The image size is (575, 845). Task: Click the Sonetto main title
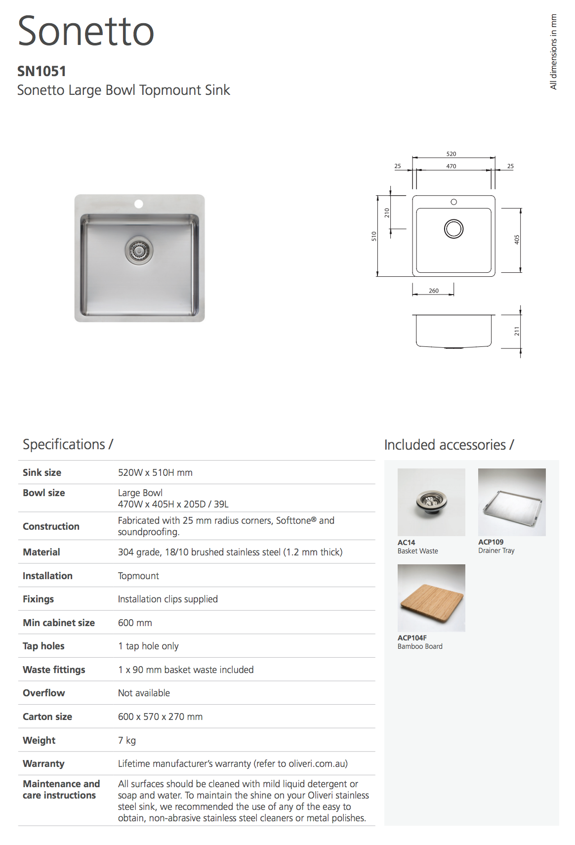pos(86,31)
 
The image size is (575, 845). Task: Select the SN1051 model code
pos(41,71)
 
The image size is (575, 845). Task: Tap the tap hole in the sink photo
pos(139,204)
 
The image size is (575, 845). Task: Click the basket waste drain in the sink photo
pos(139,250)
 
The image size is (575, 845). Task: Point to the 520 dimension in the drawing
pos(451,154)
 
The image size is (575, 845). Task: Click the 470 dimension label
pos(451,167)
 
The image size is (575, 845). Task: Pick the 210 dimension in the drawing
pos(387,213)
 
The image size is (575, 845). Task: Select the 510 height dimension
pos(374,237)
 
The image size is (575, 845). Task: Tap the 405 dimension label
pos(517,240)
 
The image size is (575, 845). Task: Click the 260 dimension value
pos(434,291)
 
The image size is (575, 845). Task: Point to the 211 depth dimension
pos(517,331)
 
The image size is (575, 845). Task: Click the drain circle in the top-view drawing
pos(453,229)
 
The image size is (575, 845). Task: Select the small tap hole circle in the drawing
pos(453,202)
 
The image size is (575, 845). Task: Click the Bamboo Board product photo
pos(431,598)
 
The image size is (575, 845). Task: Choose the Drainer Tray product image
pos(512,502)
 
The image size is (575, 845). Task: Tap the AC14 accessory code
pos(406,543)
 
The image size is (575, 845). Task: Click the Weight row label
pos(39,740)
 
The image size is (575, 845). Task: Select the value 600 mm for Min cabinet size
pos(135,623)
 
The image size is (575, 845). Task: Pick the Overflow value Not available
pos(144,693)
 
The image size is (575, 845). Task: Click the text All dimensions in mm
pos(553,52)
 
